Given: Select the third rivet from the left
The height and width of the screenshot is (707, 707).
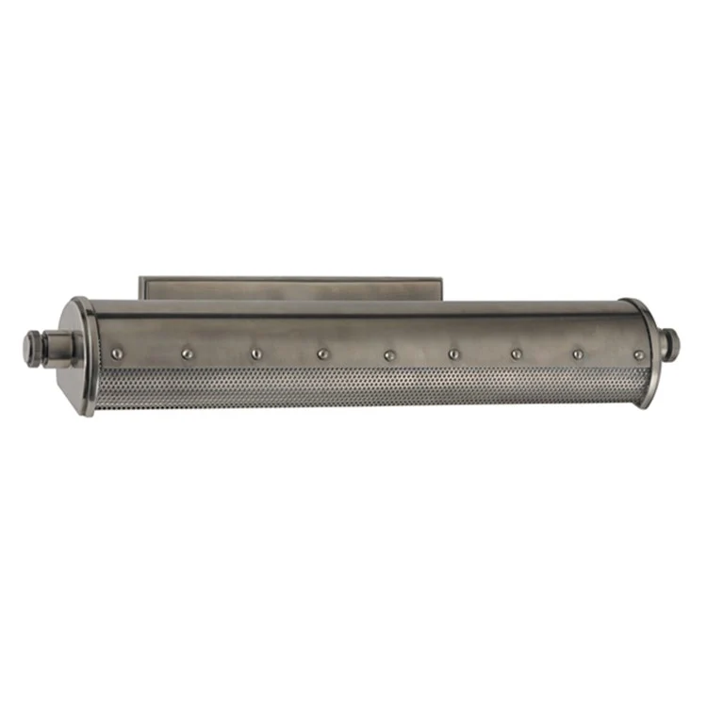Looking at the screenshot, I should click(255, 354).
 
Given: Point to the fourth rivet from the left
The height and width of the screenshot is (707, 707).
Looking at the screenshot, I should click(321, 354).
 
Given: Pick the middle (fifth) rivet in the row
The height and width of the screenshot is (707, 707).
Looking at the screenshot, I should click(388, 355).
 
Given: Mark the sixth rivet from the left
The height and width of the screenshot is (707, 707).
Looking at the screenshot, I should click(453, 354).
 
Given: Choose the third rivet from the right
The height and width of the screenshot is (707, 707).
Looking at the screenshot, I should click(516, 354).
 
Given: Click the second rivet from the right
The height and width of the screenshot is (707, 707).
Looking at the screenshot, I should click(578, 354).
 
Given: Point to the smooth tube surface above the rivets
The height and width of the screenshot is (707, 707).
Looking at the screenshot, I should click(377, 325).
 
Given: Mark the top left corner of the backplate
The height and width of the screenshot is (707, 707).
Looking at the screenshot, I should click(141, 278).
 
